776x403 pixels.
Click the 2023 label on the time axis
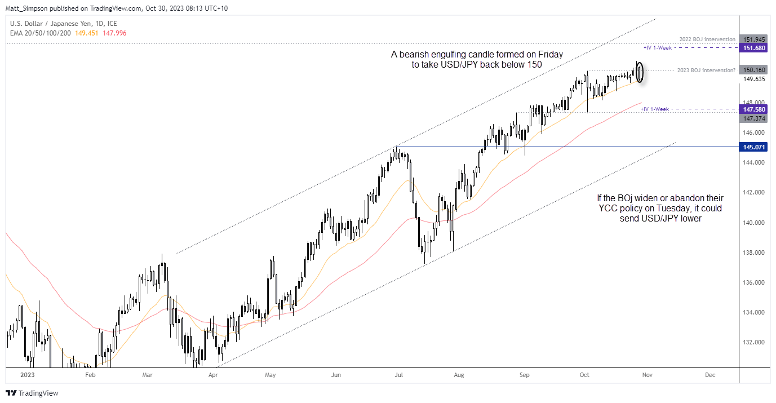pos(26,374)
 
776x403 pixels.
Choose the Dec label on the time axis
pos(710,374)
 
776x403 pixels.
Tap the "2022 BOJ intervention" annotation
pos(707,39)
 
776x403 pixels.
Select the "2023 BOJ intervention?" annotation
pos(707,70)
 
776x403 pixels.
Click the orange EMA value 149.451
pos(87,33)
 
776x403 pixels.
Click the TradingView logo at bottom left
pos(32,393)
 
